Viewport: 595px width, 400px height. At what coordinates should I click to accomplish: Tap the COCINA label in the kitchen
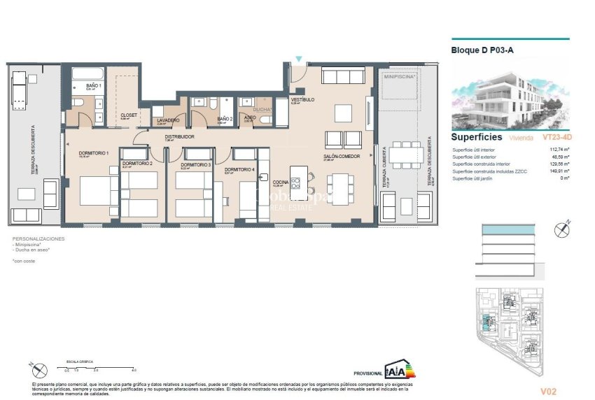tap(280, 182)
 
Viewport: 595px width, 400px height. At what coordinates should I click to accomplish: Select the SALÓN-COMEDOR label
tap(341, 156)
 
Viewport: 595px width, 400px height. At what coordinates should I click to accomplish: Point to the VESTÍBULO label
tap(302, 100)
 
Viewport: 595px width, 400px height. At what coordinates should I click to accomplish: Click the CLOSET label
tap(128, 115)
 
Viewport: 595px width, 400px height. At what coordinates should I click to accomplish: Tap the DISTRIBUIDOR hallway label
tap(178, 137)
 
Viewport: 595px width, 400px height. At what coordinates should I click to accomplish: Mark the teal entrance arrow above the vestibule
tap(299, 60)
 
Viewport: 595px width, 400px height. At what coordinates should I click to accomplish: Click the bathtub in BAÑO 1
tap(87, 74)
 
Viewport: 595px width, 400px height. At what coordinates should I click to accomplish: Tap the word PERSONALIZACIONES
tap(38, 239)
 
